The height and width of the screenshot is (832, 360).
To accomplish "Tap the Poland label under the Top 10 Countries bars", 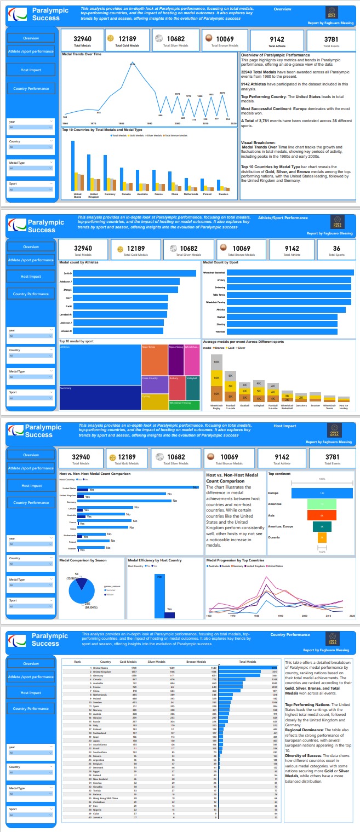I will pyautogui.click(x=208, y=194).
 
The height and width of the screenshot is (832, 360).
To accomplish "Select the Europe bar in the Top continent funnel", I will pyautogui.click(x=322, y=494).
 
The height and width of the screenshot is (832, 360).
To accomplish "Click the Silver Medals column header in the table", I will pyautogui.click(x=156, y=662).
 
